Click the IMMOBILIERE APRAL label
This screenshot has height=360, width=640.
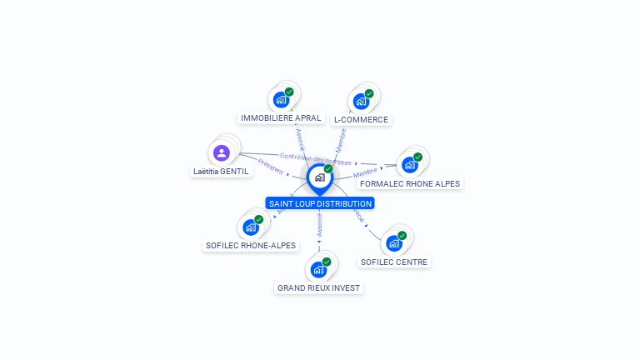point(281,118)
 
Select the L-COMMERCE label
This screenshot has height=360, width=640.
point(361,120)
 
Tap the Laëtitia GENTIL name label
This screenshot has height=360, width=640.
point(221,172)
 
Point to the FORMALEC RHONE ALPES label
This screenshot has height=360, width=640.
point(409,183)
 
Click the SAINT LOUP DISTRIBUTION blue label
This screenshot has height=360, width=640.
point(320,203)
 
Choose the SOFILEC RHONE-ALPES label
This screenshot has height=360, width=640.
point(250,246)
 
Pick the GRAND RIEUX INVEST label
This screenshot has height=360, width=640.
point(319,288)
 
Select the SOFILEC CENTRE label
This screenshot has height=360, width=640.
point(394,262)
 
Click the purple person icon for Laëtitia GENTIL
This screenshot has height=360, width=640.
point(221,152)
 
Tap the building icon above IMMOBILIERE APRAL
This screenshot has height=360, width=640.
point(281,100)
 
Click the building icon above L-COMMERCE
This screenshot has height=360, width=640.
point(361,102)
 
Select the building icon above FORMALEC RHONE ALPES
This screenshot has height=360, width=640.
point(409,164)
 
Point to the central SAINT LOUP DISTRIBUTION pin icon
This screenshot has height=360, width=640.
point(319,177)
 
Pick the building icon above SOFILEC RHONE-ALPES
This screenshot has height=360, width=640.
point(250,227)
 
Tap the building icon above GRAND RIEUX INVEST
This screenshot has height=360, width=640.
point(318,269)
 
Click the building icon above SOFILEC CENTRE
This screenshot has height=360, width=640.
point(394,243)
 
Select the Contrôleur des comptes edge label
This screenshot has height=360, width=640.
point(316,159)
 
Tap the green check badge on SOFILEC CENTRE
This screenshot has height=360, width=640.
point(402,236)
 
